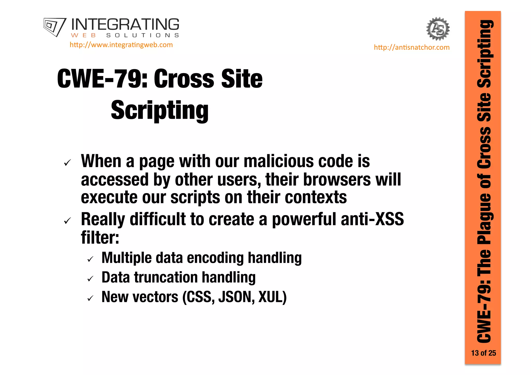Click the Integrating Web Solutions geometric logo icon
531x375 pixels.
coord(55,27)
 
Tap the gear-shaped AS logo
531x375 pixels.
coord(438,29)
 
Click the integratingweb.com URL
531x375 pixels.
coord(121,45)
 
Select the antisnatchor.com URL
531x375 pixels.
coord(411,47)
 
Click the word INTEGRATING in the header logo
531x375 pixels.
coord(125,25)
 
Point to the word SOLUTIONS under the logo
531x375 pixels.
coord(143,35)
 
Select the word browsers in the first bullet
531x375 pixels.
coord(337,179)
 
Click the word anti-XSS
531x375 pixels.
coord(372,219)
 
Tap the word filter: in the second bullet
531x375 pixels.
coord(100,237)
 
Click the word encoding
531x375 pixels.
coord(215,258)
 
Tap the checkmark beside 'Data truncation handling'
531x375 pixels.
coord(90,279)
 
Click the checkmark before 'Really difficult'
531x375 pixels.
coord(67,221)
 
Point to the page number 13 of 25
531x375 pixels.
coord(483,353)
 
